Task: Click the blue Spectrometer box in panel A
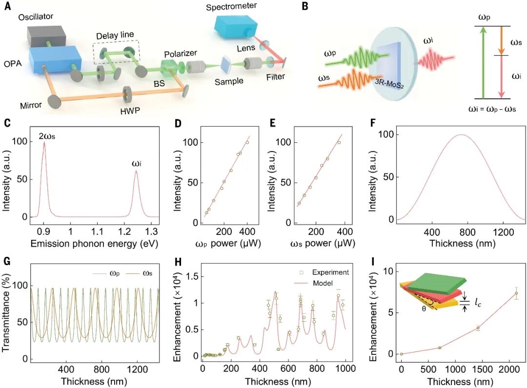pyautogui.click(x=236, y=26)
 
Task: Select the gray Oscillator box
pyautogui.click(x=46, y=36)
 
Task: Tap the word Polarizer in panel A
pyautogui.click(x=181, y=54)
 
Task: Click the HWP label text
pyautogui.click(x=130, y=111)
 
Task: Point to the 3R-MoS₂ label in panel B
pyautogui.click(x=389, y=83)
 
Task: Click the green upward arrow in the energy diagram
pyautogui.click(x=483, y=63)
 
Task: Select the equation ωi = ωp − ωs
pyautogui.click(x=492, y=109)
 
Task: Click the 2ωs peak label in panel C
pyautogui.click(x=47, y=136)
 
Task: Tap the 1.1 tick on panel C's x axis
pyautogui.click(x=97, y=231)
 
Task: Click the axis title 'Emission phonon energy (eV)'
pyautogui.click(x=94, y=243)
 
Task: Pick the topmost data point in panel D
pyautogui.click(x=247, y=142)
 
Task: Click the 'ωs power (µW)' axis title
pyautogui.click(x=323, y=243)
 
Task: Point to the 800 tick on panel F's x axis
pyautogui.click(x=467, y=232)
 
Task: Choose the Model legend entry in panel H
pyautogui.click(x=314, y=283)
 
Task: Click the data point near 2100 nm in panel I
pyautogui.click(x=516, y=293)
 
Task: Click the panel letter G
pyautogui.click(x=6, y=261)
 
